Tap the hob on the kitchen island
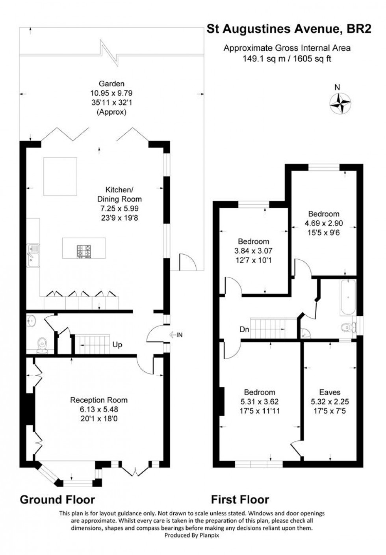point(84,251)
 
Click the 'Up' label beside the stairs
point(117,345)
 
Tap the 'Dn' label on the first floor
point(244,330)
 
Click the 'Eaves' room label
point(330,392)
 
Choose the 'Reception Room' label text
point(98,400)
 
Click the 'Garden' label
point(111,84)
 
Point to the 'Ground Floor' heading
point(58,500)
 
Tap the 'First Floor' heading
point(240,500)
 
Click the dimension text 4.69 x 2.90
point(324,223)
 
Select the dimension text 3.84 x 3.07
point(253,251)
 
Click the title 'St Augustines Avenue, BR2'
point(289,29)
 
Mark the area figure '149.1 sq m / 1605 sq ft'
point(287,59)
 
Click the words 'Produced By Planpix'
point(191,535)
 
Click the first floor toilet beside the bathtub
point(348,327)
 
